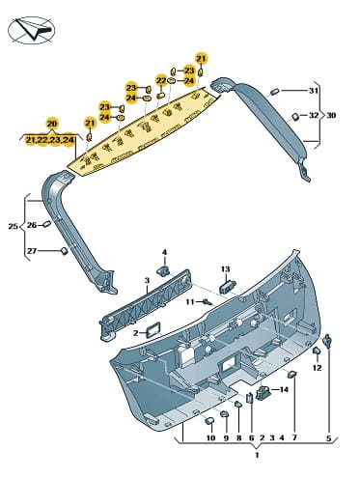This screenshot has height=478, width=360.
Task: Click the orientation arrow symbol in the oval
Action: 34,29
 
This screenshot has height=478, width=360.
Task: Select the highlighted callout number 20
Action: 51,124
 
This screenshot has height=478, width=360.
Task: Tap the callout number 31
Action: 314,91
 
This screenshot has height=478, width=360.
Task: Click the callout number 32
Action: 314,115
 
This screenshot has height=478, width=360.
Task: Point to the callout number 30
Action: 331,115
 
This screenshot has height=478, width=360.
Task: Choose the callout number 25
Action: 13,226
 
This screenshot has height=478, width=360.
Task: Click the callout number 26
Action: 32,225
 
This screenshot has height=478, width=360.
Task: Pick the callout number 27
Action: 32,251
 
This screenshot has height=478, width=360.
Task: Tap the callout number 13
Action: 226,268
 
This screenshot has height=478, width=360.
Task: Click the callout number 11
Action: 190,302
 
